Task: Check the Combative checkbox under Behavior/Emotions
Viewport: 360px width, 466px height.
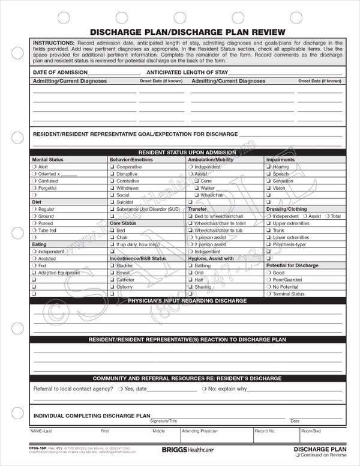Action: point(112,181)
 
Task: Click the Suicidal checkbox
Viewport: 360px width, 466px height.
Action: point(112,202)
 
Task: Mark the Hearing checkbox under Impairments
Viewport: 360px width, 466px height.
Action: point(269,166)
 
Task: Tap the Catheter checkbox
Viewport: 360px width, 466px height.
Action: point(112,279)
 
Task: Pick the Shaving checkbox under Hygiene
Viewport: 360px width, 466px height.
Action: point(190,286)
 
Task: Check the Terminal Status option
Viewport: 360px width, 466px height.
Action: point(269,294)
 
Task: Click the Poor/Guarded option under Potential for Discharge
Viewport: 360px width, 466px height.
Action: point(269,279)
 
